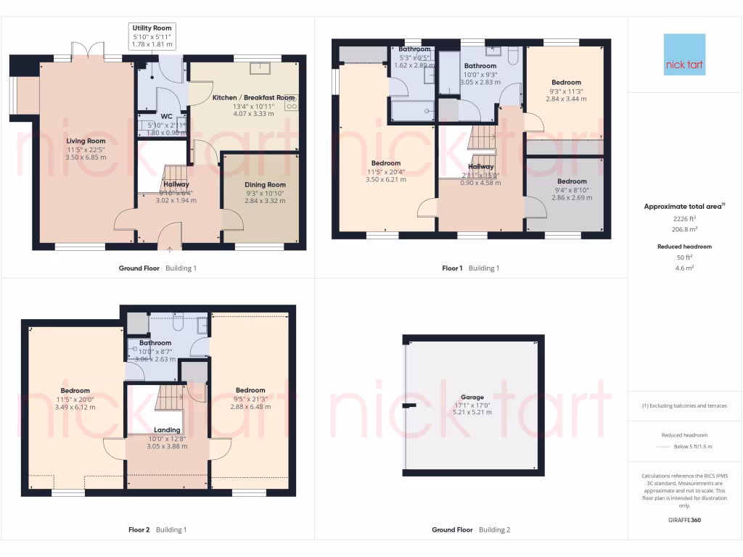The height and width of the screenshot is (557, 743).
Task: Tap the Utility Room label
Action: pyautogui.click(x=152, y=28)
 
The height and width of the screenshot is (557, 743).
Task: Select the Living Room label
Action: pyautogui.click(x=86, y=141)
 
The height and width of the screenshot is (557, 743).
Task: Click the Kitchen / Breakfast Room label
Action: pyautogui.click(x=253, y=97)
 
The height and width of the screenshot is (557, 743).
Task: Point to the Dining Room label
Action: pyautogui.click(x=265, y=184)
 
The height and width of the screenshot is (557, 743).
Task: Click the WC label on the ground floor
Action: pyautogui.click(x=166, y=116)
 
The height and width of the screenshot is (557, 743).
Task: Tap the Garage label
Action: pyautogui.click(x=472, y=397)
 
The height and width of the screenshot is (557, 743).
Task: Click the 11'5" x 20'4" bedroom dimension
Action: pyautogui.click(x=385, y=171)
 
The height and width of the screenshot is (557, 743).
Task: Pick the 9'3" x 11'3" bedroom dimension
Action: pyautogui.click(x=565, y=91)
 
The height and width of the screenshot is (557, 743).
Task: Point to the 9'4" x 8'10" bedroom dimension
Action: pyautogui.click(x=572, y=189)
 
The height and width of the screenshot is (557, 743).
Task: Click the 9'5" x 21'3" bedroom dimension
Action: pyautogui.click(x=250, y=398)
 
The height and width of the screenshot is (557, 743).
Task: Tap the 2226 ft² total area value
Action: pyautogui.click(x=686, y=218)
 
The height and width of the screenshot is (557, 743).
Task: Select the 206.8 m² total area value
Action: pyautogui.click(x=686, y=228)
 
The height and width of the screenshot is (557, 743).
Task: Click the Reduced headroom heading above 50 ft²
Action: pyautogui.click(x=686, y=247)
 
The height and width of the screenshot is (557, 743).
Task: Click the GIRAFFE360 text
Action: pyautogui.click(x=686, y=520)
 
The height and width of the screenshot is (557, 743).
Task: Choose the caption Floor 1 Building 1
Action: pyautogui.click(x=471, y=268)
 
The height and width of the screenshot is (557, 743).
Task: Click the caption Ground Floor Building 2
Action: pyautogui.click(x=471, y=529)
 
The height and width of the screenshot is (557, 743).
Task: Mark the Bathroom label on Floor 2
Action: pyautogui.click(x=155, y=343)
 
